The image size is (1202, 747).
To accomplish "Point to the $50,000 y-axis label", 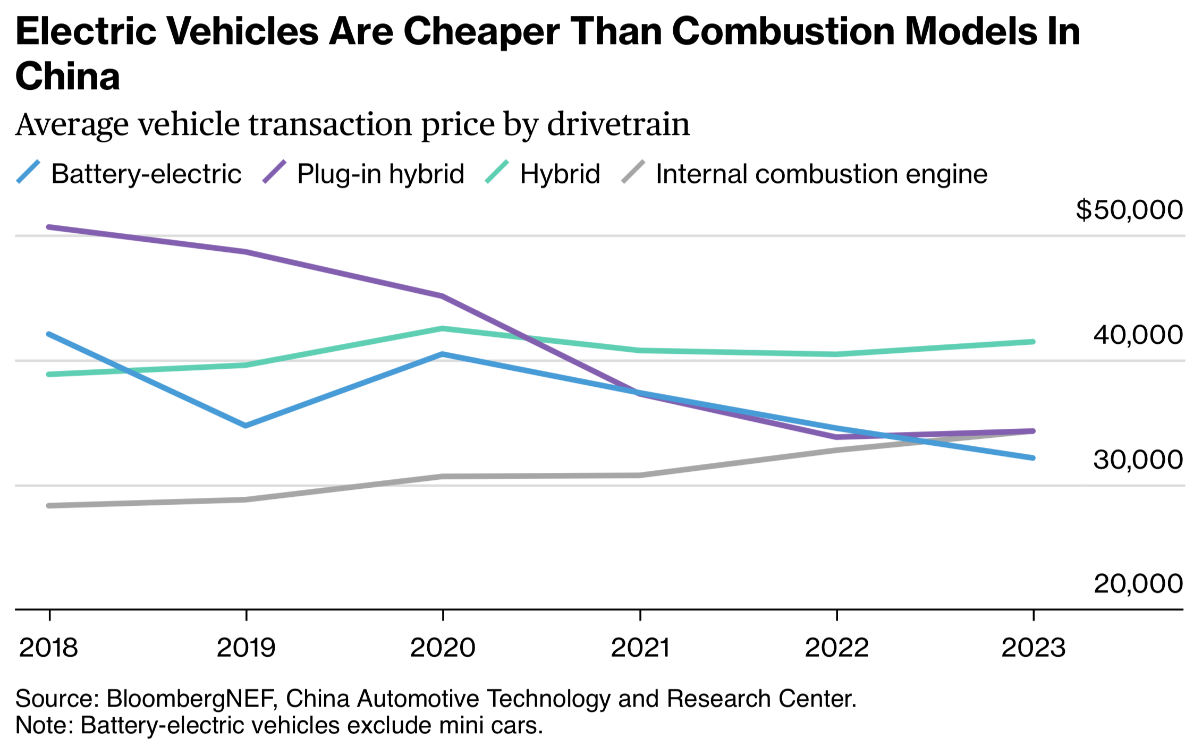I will tap(1129, 210).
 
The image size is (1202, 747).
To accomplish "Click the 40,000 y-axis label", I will tap(1138, 335).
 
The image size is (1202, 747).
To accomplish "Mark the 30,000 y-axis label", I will tap(1138, 460).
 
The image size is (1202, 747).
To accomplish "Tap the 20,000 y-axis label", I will tap(1138, 584).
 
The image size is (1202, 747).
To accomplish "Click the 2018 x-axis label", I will tap(49, 648).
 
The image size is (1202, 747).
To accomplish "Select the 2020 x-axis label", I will tap(443, 648).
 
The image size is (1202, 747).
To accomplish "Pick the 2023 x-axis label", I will tap(1034, 648).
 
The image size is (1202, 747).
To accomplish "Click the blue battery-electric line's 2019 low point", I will tap(246, 426).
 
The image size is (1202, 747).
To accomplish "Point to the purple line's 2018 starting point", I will tap(49, 227).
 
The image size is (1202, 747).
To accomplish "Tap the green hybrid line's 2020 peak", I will tap(443, 328).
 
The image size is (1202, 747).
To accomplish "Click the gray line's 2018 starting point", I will tap(49, 505).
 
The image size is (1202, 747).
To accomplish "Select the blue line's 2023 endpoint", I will tap(1033, 457).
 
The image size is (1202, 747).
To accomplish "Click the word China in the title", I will tap(67, 76).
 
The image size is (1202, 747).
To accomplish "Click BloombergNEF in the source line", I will tap(192, 699).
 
